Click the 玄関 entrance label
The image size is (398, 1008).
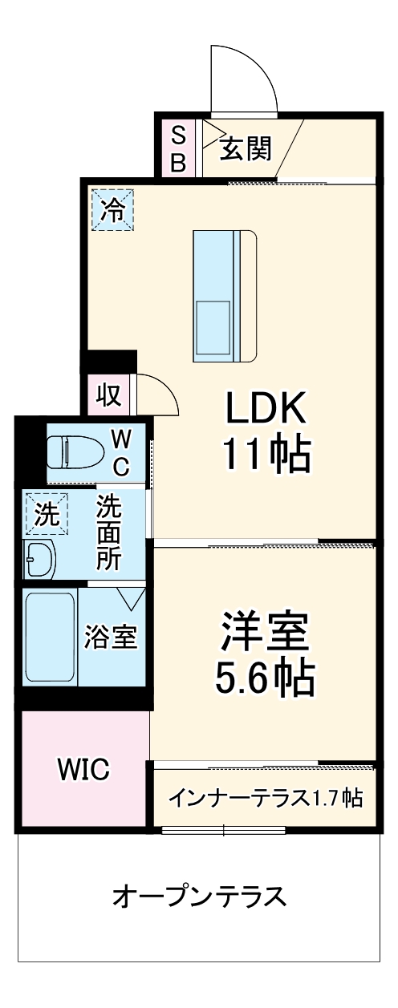246,148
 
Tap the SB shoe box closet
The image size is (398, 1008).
178,148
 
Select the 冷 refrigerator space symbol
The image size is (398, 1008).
112,210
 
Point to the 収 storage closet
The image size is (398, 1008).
108,394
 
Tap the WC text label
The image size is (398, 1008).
120,451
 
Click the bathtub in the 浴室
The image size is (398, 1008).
50,637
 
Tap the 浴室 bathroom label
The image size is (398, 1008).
112,637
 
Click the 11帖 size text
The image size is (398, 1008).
265,455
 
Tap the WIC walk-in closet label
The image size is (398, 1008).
83,770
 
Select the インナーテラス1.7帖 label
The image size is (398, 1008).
264,797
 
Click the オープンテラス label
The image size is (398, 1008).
199,895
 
